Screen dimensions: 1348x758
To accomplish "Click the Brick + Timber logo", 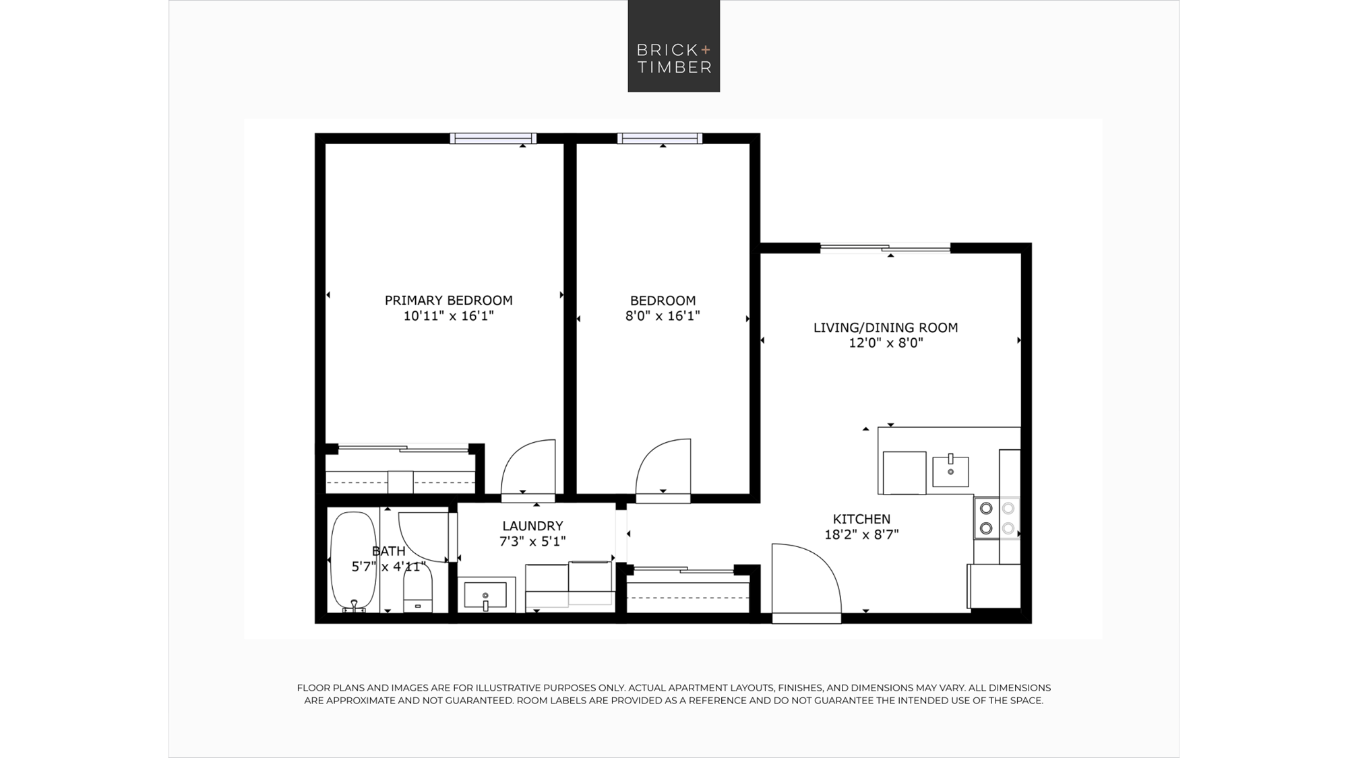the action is (x=673, y=46).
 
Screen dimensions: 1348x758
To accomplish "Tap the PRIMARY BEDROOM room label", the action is (x=448, y=301).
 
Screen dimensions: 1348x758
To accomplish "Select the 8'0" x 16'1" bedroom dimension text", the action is (x=663, y=316).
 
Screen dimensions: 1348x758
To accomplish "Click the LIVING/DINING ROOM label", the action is (x=885, y=328).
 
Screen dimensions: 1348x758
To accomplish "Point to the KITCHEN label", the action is (x=861, y=519).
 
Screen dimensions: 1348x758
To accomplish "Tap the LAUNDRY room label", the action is (x=532, y=526).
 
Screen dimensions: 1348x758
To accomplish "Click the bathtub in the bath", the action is (x=353, y=562).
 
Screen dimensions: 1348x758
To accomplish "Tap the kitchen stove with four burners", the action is (x=997, y=518).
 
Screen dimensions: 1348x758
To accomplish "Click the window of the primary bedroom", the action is (x=493, y=139).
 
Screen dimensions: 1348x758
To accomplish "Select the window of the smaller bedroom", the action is (x=660, y=139).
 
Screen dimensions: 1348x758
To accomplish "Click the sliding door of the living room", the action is (x=885, y=248).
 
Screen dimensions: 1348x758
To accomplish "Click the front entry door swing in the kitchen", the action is (x=807, y=579).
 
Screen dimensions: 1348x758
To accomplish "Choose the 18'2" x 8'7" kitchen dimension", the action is (x=861, y=535).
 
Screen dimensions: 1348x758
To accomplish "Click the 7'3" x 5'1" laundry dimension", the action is (x=532, y=542).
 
